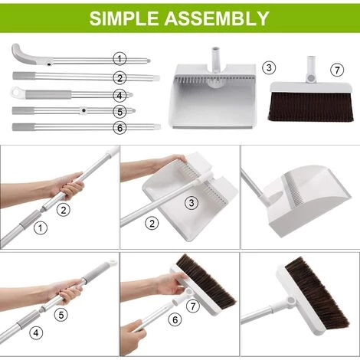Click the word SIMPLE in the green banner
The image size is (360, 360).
click(x=124, y=18)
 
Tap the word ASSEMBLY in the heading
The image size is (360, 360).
click(x=217, y=18)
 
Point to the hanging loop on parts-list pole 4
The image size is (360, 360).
click(x=17, y=92)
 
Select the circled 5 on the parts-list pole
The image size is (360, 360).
click(x=119, y=112)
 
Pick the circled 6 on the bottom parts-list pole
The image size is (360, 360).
click(x=119, y=127)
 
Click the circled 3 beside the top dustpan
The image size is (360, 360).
click(x=269, y=68)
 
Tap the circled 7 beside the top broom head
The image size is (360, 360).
click(x=337, y=70)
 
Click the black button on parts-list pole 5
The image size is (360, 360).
click(x=83, y=110)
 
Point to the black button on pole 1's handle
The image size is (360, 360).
click(x=49, y=64)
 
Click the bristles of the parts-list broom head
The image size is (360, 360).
click(x=310, y=106)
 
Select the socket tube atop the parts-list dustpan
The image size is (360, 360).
click(x=216, y=59)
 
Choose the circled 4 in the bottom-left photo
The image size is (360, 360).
click(x=36, y=332)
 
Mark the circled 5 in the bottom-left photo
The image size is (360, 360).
click(x=61, y=315)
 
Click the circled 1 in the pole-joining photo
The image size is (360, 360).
click(x=41, y=227)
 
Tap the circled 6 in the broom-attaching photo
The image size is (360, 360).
click(x=175, y=319)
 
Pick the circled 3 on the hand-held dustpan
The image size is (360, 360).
click(x=191, y=203)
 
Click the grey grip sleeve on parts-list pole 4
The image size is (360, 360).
click(x=48, y=94)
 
